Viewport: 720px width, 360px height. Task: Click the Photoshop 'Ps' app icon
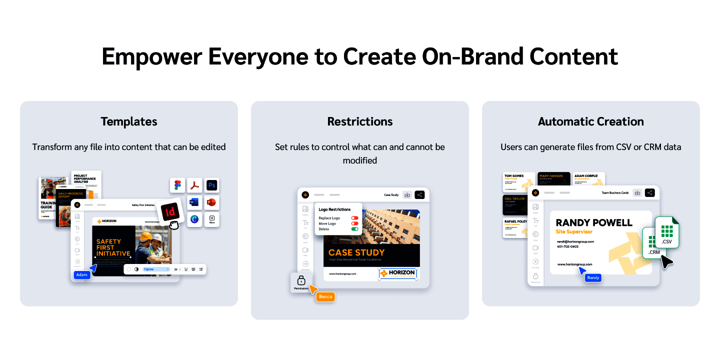coord(211,185)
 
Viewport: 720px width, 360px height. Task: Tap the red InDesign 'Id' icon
coord(170,211)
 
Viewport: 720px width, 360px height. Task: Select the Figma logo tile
coord(177,185)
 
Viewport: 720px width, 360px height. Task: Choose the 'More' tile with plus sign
coord(211,219)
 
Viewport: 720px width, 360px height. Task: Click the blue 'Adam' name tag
coord(81,275)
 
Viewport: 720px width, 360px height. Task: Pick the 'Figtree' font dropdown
coord(156,269)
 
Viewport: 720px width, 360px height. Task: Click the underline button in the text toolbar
coord(186,269)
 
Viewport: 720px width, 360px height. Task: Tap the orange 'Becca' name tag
coord(325,296)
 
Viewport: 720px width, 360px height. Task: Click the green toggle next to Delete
coord(354,229)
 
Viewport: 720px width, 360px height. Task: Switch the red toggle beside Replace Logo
coord(354,218)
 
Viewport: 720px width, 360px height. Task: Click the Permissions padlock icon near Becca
coord(301,280)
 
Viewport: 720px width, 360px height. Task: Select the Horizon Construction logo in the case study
coord(398,273)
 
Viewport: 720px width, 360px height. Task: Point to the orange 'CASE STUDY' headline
coord(356,252)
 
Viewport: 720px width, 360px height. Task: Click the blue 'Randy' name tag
coord(593,277)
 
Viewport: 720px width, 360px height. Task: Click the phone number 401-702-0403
coord(567,246)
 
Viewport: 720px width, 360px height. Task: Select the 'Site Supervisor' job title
coord(574,232)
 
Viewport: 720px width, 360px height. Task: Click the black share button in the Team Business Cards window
coord(649,192)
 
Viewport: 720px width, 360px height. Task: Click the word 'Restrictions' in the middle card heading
coord(360,121)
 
